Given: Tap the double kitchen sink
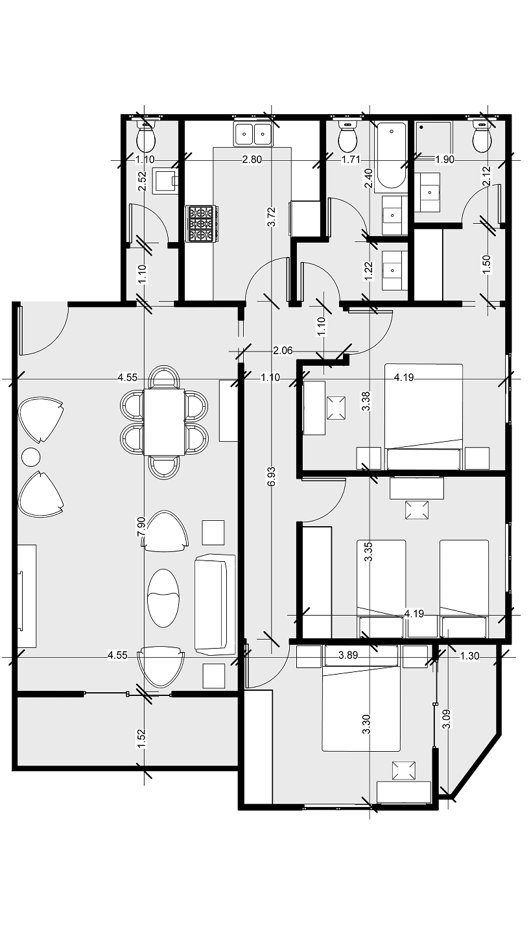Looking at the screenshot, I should click(x=253, y=134).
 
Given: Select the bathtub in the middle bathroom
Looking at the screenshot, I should click(x=392, y=154).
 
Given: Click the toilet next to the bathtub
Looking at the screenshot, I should click(x=348, y=136).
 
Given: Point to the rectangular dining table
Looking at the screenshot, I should click(x=164, y=422).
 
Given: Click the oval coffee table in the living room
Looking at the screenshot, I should click(x=163, y=597).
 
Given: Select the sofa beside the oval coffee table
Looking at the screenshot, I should click(x=215, y=603).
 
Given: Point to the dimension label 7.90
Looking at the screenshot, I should click(x=141, y=527).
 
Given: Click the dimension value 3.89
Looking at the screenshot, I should click(x=349, y=656).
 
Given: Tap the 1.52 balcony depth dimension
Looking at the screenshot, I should click(x=142, y=738).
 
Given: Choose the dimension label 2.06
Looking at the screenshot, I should click(x=283, y=351).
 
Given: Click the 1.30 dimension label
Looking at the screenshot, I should click(x=469, y=656).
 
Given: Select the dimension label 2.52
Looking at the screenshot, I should click(x=142, y=181).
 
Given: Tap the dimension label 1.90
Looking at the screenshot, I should click(x=445, y=160).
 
